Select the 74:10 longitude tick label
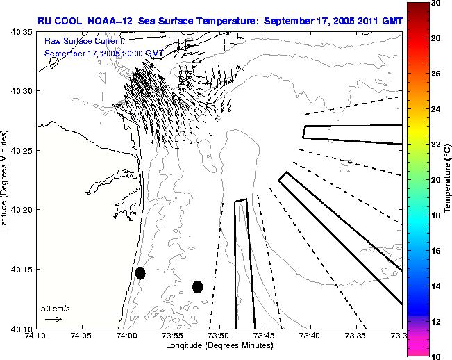point(36,335)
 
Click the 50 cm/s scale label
point(56,308)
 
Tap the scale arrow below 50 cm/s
point(53,319)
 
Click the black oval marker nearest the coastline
point(140,273)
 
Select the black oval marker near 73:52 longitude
point(198,286)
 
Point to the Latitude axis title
point(6,180)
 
